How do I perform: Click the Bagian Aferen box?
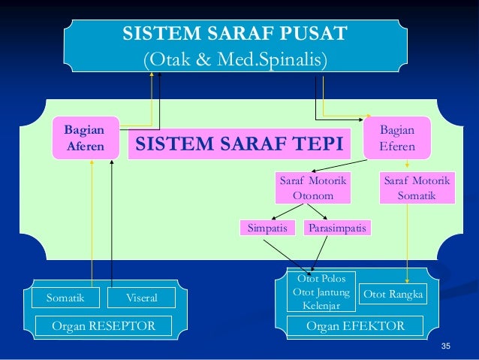[86, 138]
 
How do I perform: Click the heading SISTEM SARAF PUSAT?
[235, 34]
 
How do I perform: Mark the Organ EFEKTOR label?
[355, 326]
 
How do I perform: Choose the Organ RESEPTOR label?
[104, 326]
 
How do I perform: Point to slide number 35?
[445, 346]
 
